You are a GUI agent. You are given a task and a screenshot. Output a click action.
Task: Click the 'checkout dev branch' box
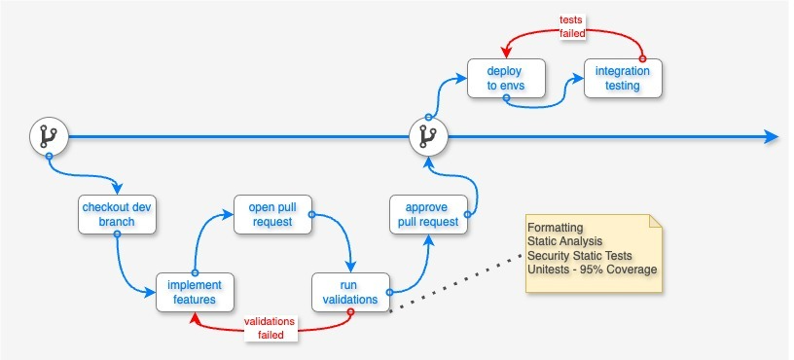click(117, 214)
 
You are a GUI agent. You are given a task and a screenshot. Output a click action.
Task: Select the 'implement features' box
click(195, 292)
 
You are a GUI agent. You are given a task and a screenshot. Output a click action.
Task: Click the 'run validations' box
click(350, 292)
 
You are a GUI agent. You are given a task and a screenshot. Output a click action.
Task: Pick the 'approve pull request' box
click(428, 214)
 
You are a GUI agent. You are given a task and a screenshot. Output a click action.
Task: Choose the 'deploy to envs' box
click(506, 78)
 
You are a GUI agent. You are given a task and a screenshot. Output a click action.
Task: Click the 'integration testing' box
click(623, 78)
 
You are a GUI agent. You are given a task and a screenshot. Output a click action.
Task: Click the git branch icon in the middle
click(427, 137)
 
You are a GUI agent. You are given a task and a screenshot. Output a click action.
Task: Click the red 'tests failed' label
click(572, 26)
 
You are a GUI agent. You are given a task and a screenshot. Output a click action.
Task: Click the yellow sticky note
click(595, 254)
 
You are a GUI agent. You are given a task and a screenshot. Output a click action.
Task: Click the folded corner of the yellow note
click(656, 222)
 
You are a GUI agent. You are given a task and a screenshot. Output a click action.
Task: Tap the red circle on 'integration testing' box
click(642, 58)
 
